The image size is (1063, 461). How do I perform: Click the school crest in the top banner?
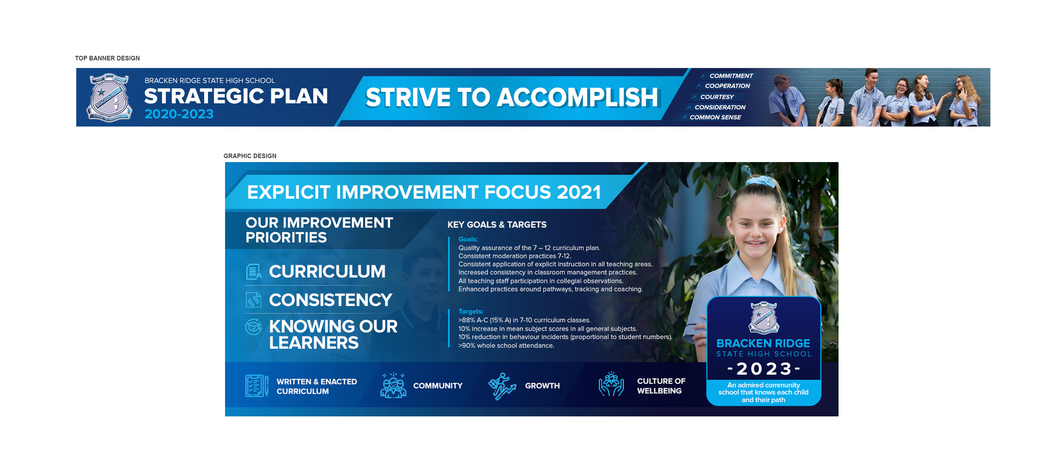point(109,97)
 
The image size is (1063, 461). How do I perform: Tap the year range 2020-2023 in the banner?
point(179,114)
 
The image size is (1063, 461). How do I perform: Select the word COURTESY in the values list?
point(717,97)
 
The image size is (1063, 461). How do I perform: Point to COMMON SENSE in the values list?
point(715,117)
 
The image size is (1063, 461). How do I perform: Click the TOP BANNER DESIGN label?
point(107,58)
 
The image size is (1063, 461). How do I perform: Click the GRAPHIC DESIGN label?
point(250,156)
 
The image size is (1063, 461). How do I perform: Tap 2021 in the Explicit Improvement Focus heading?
point(579,192)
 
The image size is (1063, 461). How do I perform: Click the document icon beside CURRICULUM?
point(253,272)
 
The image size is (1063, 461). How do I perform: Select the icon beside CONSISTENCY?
point(253,300)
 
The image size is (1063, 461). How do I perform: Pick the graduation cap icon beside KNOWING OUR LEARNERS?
point(253,327)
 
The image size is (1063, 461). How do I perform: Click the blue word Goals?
point(468,239)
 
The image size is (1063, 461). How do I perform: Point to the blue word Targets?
point(470,311)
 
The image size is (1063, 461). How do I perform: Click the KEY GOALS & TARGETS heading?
point(497,225)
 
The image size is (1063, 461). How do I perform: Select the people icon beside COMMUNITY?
point(393,385)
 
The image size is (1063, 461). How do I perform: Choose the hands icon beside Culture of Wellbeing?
point(611,384)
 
